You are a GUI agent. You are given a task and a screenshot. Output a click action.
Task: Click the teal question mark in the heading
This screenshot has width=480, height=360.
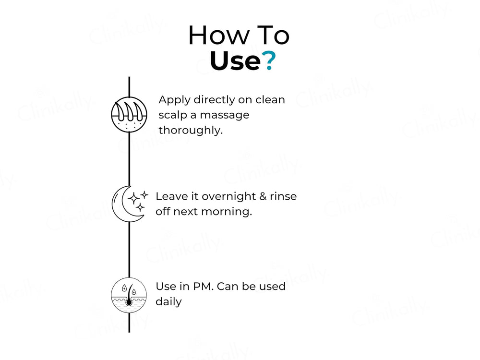click(269, 60)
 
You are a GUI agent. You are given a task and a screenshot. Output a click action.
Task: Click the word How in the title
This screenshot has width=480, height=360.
click(219, 35)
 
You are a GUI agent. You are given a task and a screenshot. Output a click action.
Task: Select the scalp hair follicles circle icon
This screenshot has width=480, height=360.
click(129, 115)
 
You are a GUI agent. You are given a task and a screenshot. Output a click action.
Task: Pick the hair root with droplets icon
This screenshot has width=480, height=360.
click(129, 295)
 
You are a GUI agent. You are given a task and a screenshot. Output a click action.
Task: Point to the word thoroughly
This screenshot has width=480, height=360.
click(191, 131)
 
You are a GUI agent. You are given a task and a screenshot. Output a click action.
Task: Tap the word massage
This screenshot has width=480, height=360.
click(224, 115)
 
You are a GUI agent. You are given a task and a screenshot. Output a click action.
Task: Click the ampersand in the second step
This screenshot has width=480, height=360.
click(263, 196)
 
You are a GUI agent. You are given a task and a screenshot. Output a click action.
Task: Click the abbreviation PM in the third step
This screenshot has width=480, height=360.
click(203, 287)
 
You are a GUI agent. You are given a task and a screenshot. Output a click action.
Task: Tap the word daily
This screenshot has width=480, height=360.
click(168, 302)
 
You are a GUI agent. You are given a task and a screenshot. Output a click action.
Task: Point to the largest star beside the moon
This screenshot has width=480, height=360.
click(133, 198)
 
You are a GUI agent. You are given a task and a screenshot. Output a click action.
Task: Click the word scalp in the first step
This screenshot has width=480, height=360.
click(173, 115)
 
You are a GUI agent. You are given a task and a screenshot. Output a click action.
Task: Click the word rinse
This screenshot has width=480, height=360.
click(283, 196)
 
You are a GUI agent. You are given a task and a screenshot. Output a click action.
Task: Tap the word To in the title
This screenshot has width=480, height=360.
click(273, 35)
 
